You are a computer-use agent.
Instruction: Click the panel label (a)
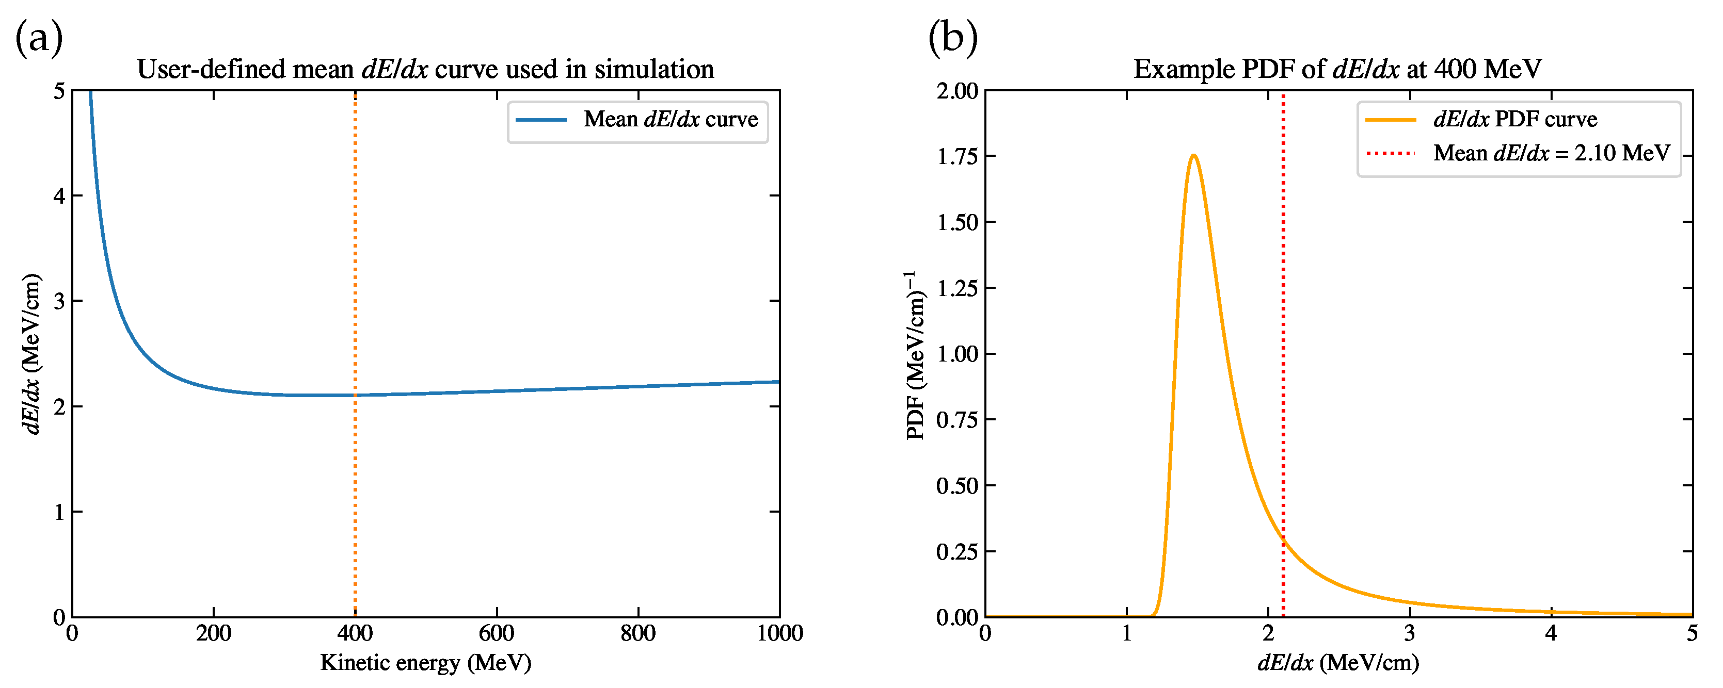click(x=39, y=38)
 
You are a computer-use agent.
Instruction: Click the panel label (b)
click(x=952, y=38)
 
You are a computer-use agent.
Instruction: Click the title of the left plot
click(x=425, y=70)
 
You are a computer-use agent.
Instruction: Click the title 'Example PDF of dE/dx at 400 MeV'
click(x=1338, y=70)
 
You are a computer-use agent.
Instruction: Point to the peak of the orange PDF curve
click(x=1193, y=155)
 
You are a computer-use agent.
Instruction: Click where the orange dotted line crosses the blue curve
click(x=355, y=395)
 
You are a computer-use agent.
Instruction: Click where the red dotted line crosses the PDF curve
click(x=1283, y=539)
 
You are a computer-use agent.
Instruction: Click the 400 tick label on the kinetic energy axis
click(x=355, y=633)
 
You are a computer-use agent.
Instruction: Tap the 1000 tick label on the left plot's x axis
click(x=779, y=633)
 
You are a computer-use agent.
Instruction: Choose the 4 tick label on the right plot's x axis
click(x=1551, y=633)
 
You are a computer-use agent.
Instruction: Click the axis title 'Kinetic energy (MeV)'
click(x=425, y=663)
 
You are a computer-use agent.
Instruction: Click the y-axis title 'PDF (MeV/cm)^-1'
click(x=916, y=354)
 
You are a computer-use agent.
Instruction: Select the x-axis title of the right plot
click(x=1338, y=663)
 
